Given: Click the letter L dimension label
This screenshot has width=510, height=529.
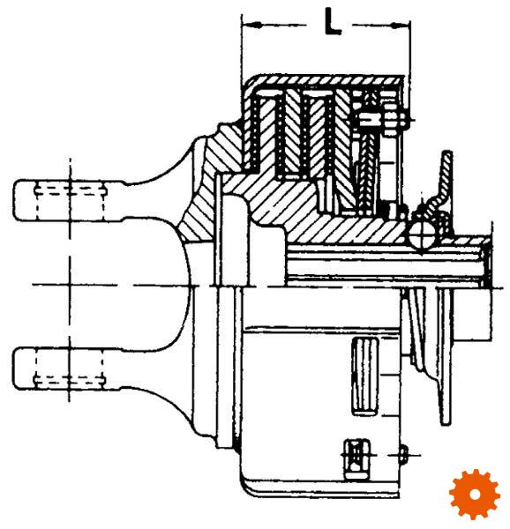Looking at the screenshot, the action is [333, 21].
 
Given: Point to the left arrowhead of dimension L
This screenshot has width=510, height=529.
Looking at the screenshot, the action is [252, 25].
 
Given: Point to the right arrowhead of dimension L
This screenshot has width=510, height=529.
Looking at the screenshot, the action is [401, 25].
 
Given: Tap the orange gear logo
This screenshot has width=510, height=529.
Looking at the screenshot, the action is [475, 495].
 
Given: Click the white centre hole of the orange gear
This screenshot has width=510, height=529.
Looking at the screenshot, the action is [475, 495].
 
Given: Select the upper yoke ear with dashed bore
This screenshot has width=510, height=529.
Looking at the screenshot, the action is [68, 200].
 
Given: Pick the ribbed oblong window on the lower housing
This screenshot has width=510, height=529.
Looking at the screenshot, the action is [365, 376].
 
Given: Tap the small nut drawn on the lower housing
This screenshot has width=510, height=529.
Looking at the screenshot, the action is [356, 459].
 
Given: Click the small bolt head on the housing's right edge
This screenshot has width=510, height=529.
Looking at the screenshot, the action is [405, 455].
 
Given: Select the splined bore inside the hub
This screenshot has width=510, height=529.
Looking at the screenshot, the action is [385, 266].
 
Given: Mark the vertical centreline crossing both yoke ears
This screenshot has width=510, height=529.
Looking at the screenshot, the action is [70, 279].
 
